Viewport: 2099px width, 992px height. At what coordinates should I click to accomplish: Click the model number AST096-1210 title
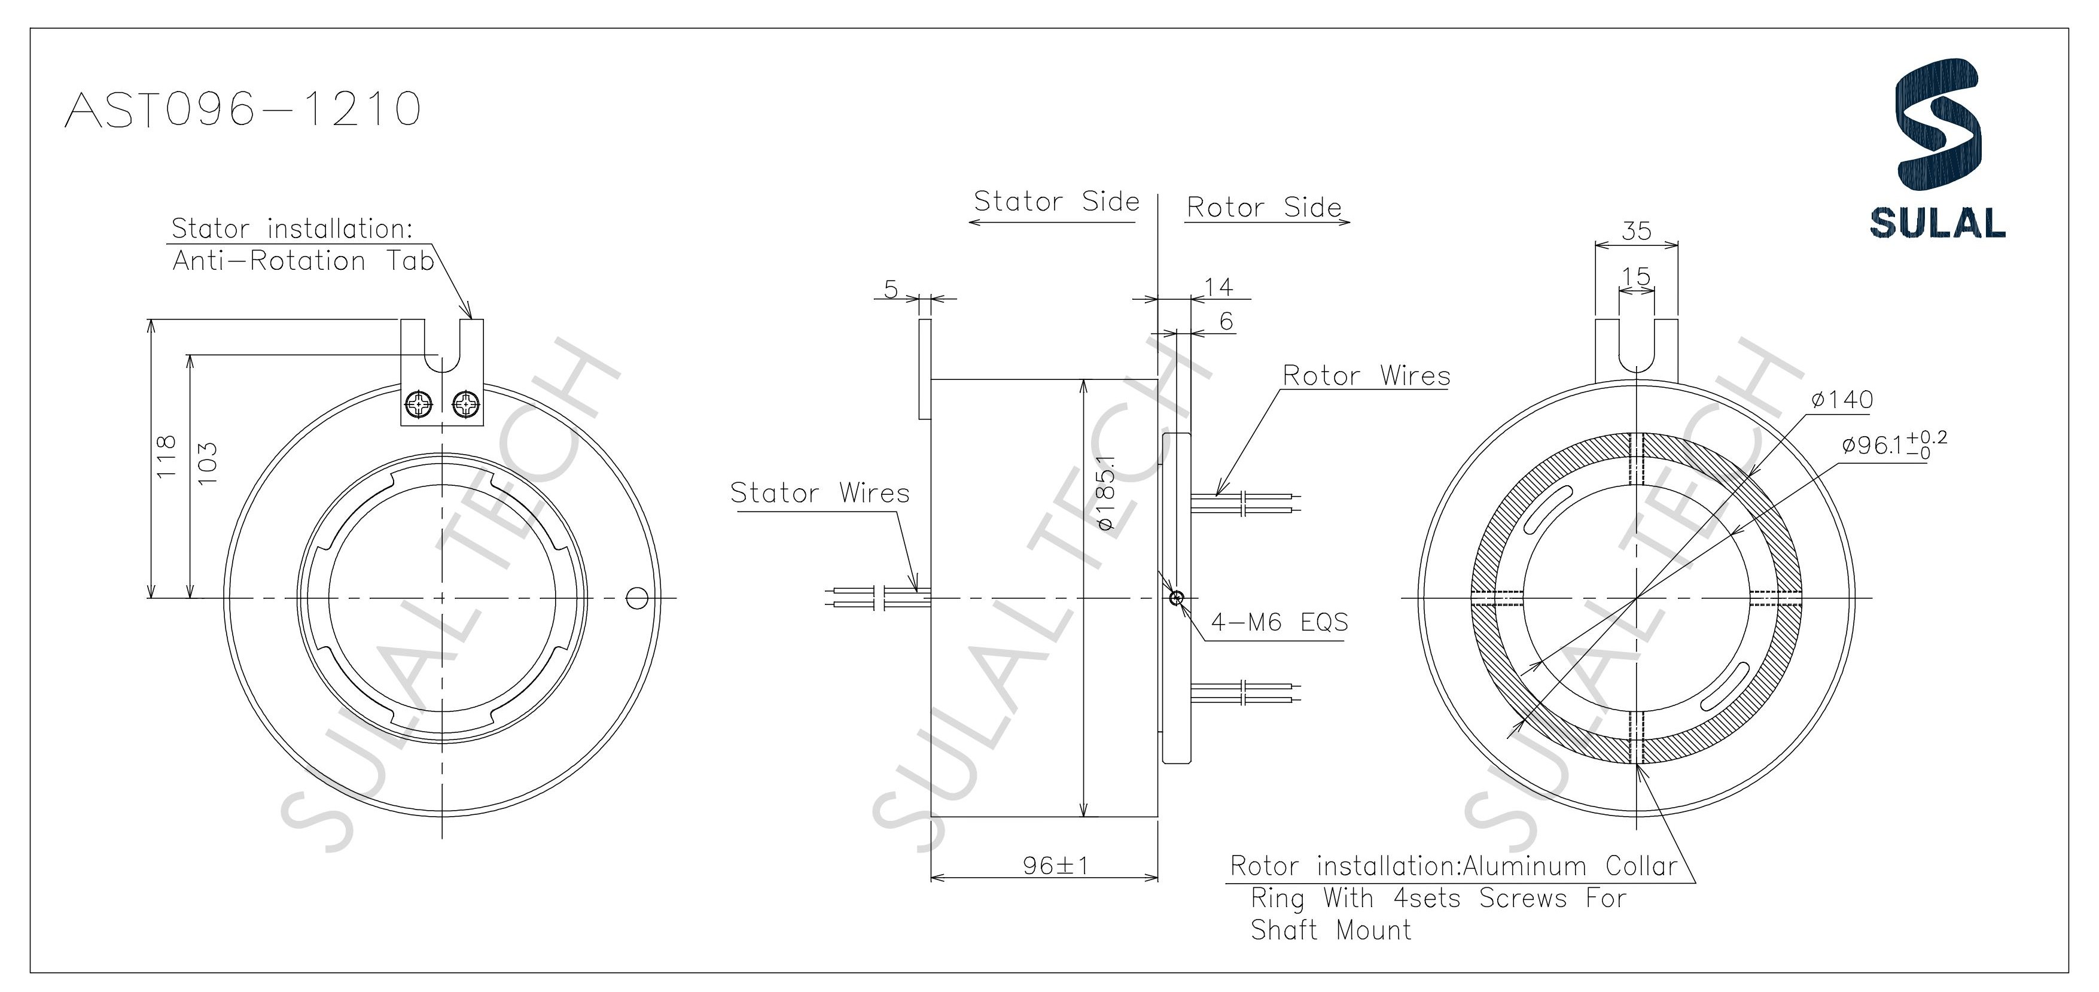[x=243, y=109]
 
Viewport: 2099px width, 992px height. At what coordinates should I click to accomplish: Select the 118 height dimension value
[x=166, y=457]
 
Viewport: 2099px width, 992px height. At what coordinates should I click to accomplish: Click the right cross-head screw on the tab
[x=466, y=403]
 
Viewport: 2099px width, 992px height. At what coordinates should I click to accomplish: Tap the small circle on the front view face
[x=637, y=598]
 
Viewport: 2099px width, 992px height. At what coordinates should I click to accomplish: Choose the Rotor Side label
[x=1263, y=207]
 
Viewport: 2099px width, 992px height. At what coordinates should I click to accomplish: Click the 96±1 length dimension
[x=1055, y=866]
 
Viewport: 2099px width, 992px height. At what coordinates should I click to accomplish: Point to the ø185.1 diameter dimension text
[x=1105, y=492]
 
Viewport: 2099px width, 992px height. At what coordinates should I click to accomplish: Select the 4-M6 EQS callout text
[x=1279, y=623]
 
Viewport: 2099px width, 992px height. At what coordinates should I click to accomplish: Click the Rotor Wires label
[x=1366, y=376]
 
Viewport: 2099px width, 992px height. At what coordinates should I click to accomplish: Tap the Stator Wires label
[x=819, y=493]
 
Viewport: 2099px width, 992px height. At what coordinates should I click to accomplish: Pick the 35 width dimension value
[x=1636, y=231]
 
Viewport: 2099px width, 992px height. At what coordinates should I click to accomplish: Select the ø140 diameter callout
[x=1842, y=400]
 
